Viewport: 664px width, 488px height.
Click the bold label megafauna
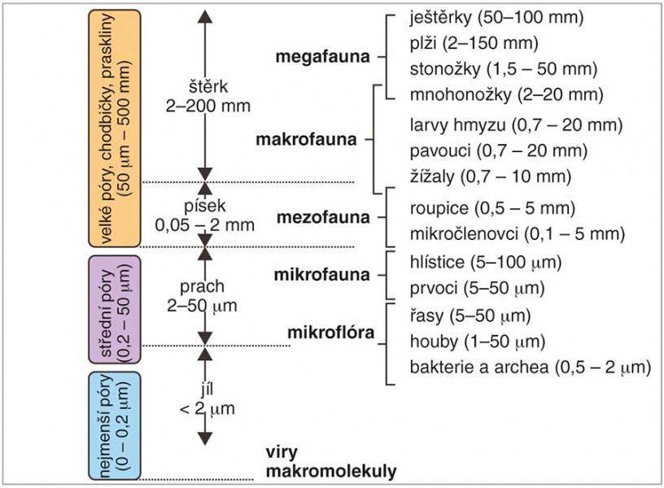coord(323,57)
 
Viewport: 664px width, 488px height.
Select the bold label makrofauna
coord(306,139)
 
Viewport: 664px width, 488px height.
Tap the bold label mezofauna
coord(323,217)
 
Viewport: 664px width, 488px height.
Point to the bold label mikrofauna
coord(322,275)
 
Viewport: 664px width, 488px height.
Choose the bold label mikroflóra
coord(330,333)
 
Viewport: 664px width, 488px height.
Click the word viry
coord(282,452)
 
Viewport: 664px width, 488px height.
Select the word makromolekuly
coord(331,471)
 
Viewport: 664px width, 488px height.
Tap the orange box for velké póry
coord(115,129)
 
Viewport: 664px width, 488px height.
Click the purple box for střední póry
coord(115,309)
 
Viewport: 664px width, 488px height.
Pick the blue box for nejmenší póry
coord(115,425)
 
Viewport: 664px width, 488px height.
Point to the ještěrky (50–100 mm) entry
coord(496,18)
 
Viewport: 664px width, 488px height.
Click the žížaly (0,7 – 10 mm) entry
coord(491,176)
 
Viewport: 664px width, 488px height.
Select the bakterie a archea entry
coord(531,368)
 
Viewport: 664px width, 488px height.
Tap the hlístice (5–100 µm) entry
coord(486,263)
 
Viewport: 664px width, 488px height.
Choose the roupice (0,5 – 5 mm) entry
coord(492,208)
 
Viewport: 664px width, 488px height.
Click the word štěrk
coord(208,87)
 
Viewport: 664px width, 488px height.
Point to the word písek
coord(205,206)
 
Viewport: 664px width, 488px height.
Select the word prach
coord(202,286)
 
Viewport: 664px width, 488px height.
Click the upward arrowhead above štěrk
coord(205,16)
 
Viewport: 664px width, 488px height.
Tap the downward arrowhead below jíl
coord(205,439)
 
